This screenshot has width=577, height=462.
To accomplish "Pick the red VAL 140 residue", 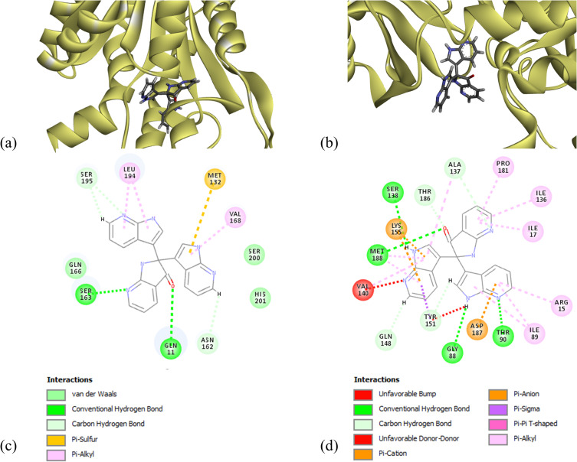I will [x=365, y=290].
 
